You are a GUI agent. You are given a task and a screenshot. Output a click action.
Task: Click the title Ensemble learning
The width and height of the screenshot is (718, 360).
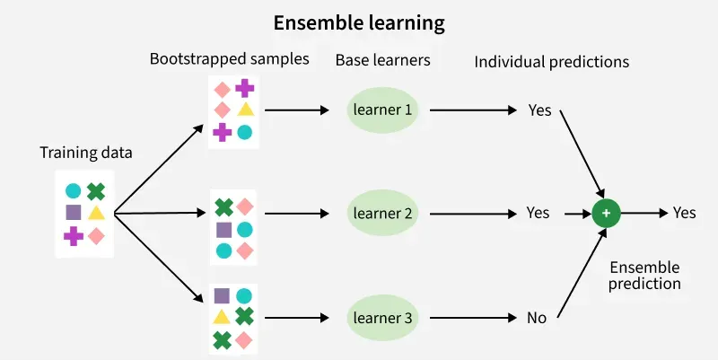pyautogui.click(x=359, y=22)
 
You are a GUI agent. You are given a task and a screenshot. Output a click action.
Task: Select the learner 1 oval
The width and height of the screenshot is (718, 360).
pyautogui.click(x=382, y=110)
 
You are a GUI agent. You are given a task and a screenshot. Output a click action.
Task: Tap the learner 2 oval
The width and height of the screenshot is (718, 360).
pyautogui.click(x=382, y=214)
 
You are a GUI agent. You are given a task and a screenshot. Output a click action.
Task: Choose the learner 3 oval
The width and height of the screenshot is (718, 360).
pyautogui.click(x=382, y=317)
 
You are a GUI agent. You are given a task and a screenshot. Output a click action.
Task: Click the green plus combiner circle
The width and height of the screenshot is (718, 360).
pyautogui.click(x=606, y=214)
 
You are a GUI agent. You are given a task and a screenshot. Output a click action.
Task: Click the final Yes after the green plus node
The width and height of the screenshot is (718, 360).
pyautogui.click(x=684, y=214)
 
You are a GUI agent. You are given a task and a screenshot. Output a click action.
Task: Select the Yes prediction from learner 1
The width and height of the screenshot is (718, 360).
pyautogui.click(x=539, y=110)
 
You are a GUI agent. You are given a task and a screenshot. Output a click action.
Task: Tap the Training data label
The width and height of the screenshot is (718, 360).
pyautogui.click(x=86, y=153)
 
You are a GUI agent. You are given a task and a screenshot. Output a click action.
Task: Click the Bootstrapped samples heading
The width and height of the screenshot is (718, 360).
pyautogui.click(x=229, y=60)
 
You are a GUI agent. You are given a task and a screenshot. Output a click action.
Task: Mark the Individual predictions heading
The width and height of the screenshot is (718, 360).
pyautogui.click(x=551, y=62)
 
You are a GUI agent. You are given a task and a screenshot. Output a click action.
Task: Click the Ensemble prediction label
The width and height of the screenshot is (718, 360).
pyautogui.click(x=644, y=276)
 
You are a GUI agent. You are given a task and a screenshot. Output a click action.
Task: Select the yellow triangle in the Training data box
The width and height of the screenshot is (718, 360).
pyautogui.click(x=96, y=213)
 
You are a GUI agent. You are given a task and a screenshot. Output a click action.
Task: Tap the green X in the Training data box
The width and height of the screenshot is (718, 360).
pyautogui.click(x=96, y=190)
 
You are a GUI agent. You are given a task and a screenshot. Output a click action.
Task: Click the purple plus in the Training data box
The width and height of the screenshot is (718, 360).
pyautogui.click(x=74, y=235)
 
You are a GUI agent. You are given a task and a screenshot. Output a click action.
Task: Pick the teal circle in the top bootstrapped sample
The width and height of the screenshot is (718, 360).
pyautogui.click(x=244, y=132)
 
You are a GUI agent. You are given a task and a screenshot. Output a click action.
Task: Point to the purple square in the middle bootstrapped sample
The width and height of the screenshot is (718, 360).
pyautogui.click(x=223, y=229)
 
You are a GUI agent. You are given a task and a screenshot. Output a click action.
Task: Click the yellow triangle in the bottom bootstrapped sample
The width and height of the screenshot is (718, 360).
pyautogui.click(x=222, y=317)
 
